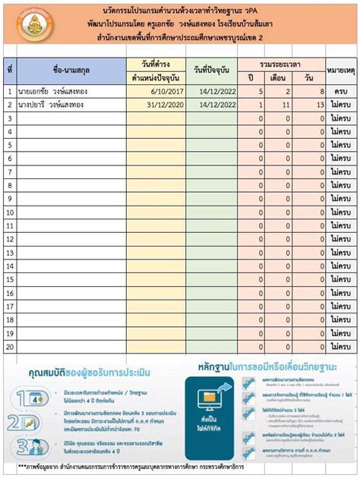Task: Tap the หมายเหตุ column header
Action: (x=341, y=71)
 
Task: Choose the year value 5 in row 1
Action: (x=260, y=92)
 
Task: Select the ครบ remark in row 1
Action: (x=341, y=92)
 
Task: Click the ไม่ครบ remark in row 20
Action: (x=341, y=347)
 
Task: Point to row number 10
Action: (x=10, y=212)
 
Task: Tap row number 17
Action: (x=10, y=307)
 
